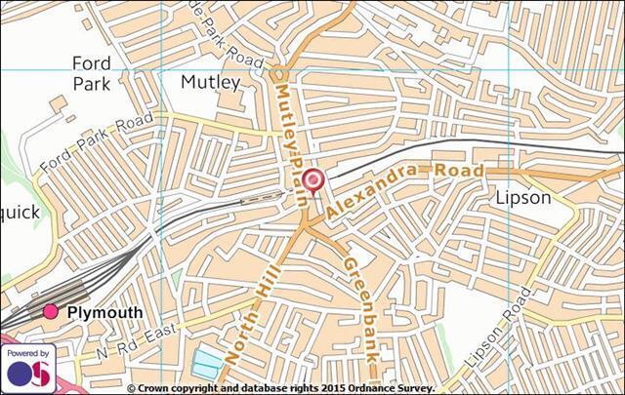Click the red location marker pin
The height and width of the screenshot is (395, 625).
312,180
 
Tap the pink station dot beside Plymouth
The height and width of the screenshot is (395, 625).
50,312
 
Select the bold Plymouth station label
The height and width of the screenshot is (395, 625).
104,313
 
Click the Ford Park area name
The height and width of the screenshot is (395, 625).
92,73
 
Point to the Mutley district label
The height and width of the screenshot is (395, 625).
210,83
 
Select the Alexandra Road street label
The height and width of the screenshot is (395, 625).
405,189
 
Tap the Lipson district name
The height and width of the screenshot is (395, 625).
523,198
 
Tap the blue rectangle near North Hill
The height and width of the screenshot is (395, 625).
206,364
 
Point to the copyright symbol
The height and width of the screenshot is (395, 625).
132,388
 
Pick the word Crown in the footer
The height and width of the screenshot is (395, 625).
155,388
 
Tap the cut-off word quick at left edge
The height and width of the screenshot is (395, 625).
20,212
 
